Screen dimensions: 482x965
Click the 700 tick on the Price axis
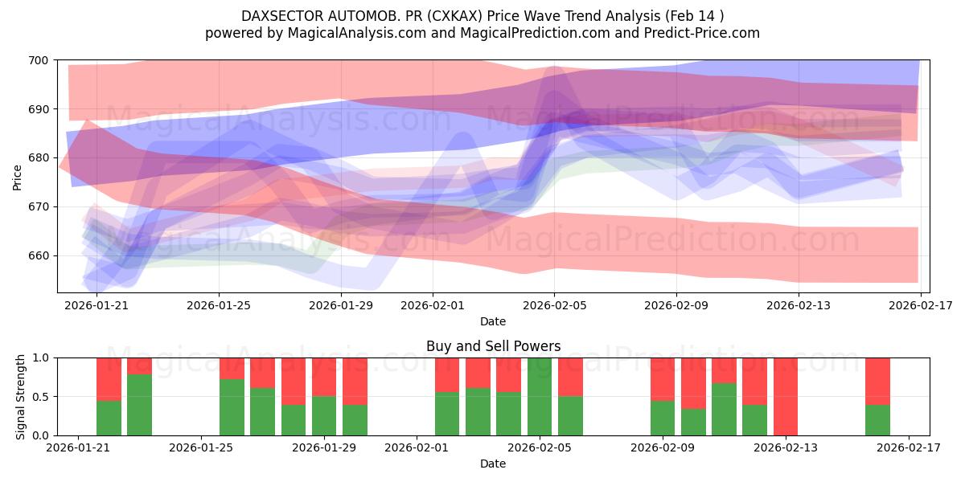pos(39,60)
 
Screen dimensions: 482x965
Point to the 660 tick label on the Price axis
pos(39,256)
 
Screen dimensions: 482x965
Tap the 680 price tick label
pos(39,158)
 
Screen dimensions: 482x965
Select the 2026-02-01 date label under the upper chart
pos(432,305)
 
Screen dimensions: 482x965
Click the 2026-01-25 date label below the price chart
pos(218,305)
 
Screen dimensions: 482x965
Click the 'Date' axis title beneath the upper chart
pos(493,321)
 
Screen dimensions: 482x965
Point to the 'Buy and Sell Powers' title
pos(493,347)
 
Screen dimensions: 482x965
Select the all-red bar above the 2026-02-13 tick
pos(786,397)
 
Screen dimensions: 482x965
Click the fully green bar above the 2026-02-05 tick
pos(540,397)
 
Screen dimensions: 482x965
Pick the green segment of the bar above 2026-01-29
pos(324,416)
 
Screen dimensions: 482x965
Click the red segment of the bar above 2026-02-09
pos(663,378)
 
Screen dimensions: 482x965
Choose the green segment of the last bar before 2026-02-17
pos(878,420)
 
